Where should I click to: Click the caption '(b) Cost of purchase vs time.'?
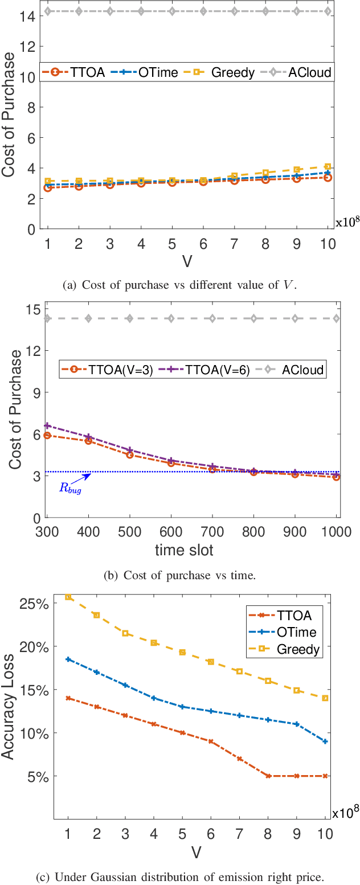pyautogui.click(x=180, y=575)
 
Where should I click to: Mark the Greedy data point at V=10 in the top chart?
pyautogui.click(x=327, y=167)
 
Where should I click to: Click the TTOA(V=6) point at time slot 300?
pyautogui.click(x=47, y=425)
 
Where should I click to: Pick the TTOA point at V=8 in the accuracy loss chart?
pyautogui.click(x=268, y=776)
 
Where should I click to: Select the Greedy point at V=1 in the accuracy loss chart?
pyautogui.click(x=68, y=597)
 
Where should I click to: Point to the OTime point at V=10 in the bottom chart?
pyautogui.click(x=325, y=741)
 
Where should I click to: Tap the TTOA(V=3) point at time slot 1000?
pyautogui.click(x=336, y=477)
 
